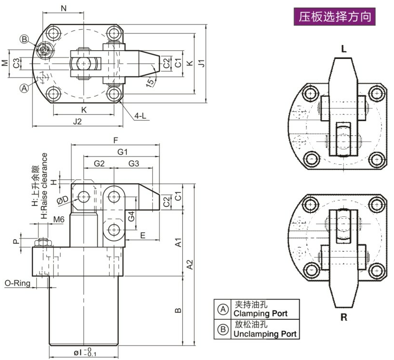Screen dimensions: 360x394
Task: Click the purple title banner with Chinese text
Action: coord(335,18)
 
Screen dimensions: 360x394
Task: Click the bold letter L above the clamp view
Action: coord(344,48)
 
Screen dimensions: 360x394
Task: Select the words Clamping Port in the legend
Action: coord(260,314)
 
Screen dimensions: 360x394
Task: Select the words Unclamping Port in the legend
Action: coord(264,334)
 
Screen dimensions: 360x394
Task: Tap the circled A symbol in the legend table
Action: coord(223,309)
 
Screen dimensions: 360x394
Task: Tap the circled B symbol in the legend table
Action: coord(223,329)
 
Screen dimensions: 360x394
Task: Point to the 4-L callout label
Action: coord(140,115)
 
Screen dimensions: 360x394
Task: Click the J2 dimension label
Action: coord(77,121)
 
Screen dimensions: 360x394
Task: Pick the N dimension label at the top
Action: coord(64,7)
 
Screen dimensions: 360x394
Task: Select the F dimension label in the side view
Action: coord(115,140)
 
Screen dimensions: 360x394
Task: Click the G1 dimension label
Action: coord(123,152)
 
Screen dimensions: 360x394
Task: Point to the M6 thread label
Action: coord(59,219)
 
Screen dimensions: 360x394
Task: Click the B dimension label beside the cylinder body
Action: coord(178,311)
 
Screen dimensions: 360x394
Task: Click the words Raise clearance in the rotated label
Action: coord(45,180)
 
